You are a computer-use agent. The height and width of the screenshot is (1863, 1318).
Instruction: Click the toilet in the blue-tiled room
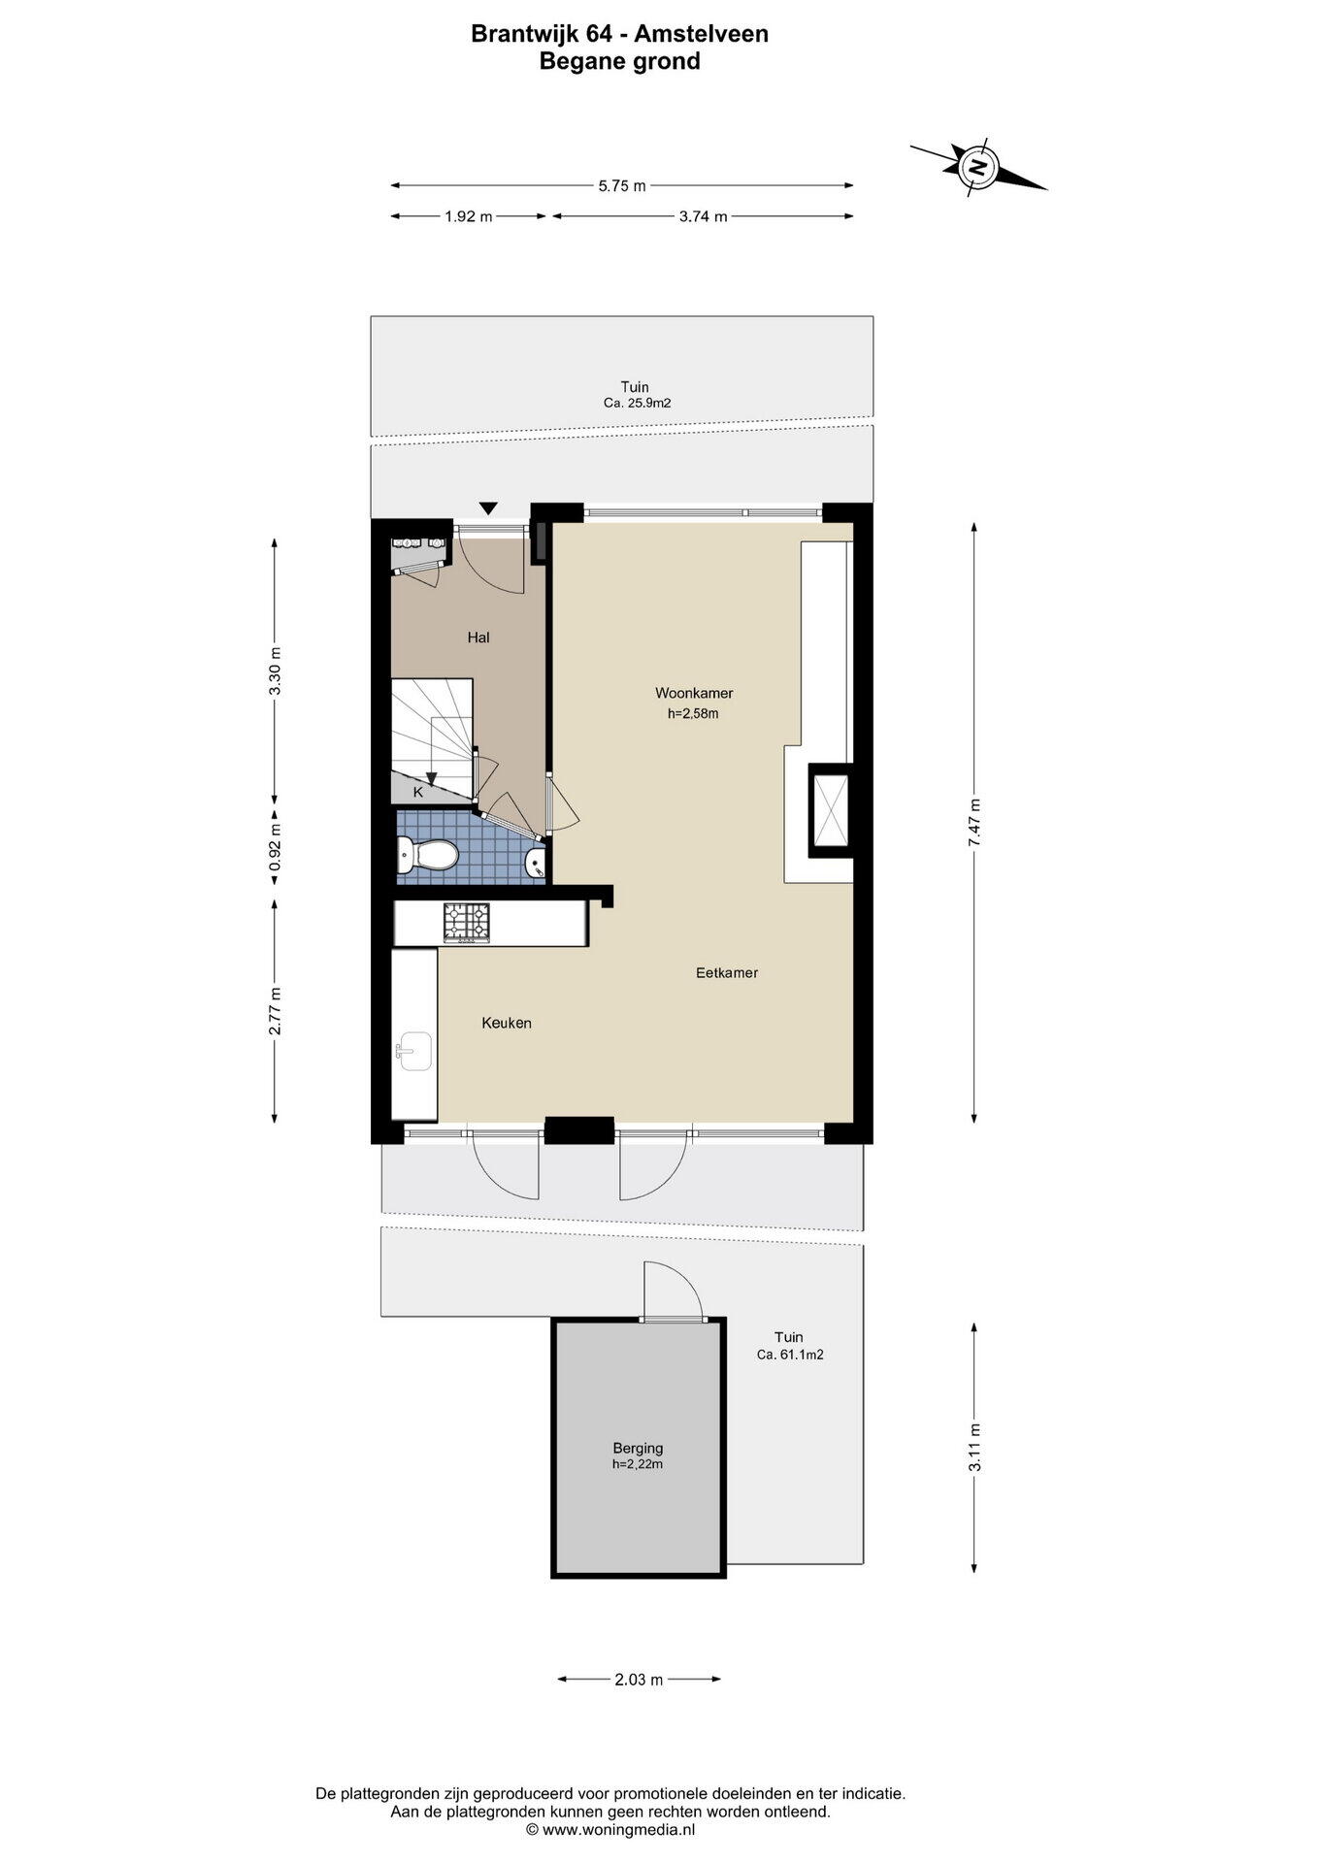point(427,856)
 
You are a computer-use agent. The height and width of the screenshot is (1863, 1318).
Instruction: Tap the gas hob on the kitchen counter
point(467,923)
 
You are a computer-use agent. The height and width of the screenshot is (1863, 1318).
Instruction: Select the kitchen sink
point(414,1051)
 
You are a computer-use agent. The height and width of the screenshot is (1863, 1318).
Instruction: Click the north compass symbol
point(978,167)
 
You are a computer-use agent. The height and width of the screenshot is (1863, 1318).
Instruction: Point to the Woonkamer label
point(694,693)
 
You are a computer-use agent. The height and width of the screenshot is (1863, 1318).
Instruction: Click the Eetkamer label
point(727,972)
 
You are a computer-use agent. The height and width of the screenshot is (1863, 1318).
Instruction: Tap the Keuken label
point(507,1023)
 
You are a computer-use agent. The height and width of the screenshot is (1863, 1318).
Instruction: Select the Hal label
point(478,637)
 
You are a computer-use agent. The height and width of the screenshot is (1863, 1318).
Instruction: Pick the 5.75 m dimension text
point(622,185)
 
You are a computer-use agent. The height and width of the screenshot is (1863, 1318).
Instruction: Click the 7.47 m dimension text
point(974,823)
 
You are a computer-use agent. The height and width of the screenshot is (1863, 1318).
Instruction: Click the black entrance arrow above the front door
point(489,508)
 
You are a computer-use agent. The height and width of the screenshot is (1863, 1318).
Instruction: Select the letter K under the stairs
point(418,792)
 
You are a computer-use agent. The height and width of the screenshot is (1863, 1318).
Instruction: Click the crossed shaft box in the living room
point(831,810)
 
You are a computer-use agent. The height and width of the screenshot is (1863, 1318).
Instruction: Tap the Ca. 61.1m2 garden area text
point(790,1355)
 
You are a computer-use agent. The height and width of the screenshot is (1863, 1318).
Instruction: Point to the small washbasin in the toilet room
point(536,861)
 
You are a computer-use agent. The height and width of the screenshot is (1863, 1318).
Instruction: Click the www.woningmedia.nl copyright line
point(610,1829)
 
